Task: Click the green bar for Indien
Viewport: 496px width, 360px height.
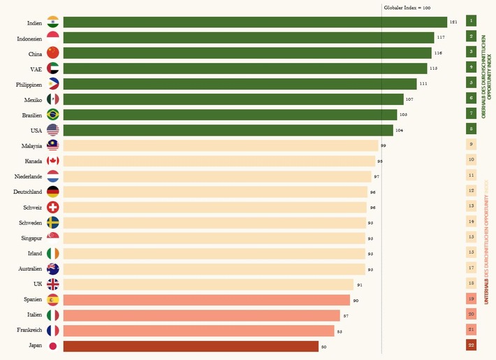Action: pyautogui.click(x=255, y=22)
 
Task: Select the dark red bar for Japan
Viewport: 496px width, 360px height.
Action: pyautogui.click(x=191, y=346)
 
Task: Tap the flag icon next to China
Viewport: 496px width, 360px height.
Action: pyautogui.click(x=53, y=53)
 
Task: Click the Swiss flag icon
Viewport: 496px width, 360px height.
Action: pyautogui.click(x=53, y=208)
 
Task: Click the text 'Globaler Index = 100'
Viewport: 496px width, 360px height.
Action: pyautogui.click(x=407, y=7)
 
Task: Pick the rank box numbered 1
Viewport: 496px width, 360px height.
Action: pyautogui.click(x=472, y=22)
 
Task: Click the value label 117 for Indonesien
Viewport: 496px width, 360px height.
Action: pyautogui.click(x=441, y=38)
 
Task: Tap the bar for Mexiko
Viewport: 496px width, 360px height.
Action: pyautogui.click(x=233, y=99)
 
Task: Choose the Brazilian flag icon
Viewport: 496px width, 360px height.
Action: pyautogui.click(x=53, y=115)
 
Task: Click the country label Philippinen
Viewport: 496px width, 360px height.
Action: pyautogui.click(x=29, y=84)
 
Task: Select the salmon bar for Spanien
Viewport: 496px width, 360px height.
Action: pyautogui.click(x=206, y=300)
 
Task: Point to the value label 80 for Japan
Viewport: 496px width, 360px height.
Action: pyautogui.click(x=324, y=347)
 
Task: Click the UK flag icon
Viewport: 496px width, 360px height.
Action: pyautogui.click(x=53, y=285)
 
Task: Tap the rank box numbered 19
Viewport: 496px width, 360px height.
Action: pyautogui.click(x=472, y=300)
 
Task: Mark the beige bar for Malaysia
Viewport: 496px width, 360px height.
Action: pyautogui.click(x=221, y=145)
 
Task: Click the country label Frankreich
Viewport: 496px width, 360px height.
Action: pyautogui.click(x=29, y=331)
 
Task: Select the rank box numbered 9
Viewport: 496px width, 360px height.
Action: pyautogui.click(x=472, y=145)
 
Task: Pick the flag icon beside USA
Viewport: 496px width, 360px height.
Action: pyautogui.click(x=53, y=130)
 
